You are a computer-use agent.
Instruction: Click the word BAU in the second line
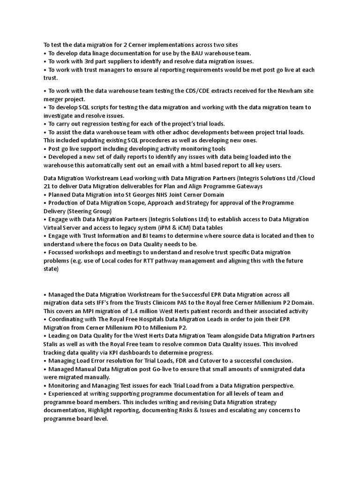coord(197,53)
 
